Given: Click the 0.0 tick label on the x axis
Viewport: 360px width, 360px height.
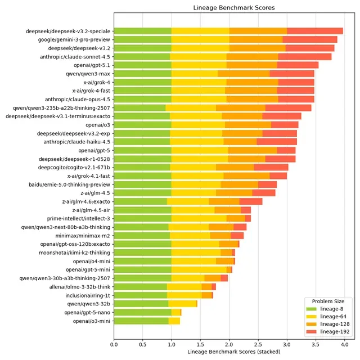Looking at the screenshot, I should click(x=114, y=342).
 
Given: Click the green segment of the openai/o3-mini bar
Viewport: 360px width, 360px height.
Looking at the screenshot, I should click(x=141, y=321).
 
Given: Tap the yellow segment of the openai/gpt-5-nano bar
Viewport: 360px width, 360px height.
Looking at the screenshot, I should click(x=175, y=312).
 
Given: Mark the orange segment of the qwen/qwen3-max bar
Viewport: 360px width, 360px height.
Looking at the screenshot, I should click(x=244, y=74).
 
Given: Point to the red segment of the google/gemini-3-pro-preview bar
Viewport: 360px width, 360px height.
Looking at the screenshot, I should click(x=310, y=39).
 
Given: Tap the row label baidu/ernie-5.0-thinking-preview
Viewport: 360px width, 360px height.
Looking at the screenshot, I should click(x=70, y=184).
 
